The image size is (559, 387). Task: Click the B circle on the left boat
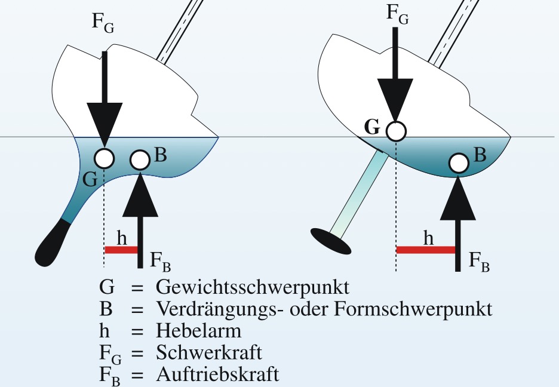pos(140,160)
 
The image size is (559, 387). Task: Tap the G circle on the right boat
pos(396,131)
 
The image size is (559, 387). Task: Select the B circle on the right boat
pos(459,163)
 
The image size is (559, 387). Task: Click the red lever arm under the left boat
pos(121,250)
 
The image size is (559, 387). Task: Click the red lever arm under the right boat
pos(426,250)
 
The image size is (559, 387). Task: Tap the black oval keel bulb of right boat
pos(331,241)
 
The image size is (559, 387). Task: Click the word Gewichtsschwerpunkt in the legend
pos(253,287)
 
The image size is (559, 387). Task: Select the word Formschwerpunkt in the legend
pos(413,309)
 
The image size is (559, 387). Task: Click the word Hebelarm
pos(198,330)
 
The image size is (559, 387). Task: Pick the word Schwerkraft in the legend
pos(209,352)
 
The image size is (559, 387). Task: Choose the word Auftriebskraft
pos(217,374)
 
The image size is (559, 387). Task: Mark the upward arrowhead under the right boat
pos(457,198)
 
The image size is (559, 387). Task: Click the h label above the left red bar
pos(122,238)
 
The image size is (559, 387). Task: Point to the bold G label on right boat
pos(372,127)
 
